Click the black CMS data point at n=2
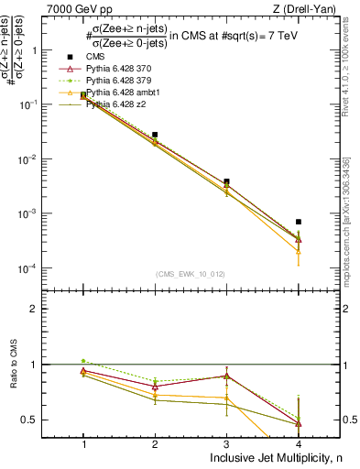155,135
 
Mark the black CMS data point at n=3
226,181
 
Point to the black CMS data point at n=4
299,222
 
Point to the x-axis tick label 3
226,443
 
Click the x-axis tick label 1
83,443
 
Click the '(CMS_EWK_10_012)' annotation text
191,274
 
